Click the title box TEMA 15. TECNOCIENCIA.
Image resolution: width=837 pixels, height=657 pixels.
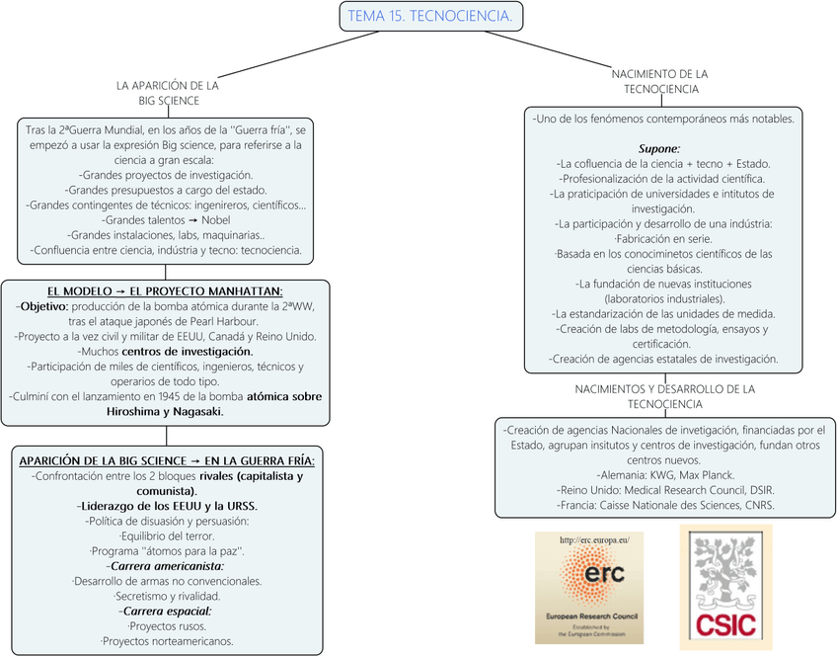[x=429, y=16]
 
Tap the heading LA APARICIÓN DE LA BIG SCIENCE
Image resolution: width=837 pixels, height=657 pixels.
[x=168, y=93]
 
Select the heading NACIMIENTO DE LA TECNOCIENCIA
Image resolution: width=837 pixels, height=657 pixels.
[x=660, y=81]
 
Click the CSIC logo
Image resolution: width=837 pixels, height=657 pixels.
[x=725, y=587]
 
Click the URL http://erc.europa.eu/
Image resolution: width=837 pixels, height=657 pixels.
[x=593, y=540]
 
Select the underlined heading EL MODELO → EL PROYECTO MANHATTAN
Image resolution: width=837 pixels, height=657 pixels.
[x=165, y=290]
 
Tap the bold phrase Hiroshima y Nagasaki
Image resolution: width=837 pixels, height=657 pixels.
[x=164, y=411]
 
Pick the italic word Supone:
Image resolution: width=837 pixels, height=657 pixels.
[x=659, y=148]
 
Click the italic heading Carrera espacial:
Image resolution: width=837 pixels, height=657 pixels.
[x=167, y=611]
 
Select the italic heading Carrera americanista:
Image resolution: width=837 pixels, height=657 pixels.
[x=167, y=566]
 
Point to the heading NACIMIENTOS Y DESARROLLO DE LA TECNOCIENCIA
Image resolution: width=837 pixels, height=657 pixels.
[x=663, y=396]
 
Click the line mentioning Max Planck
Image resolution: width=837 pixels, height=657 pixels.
[x=666, y=475]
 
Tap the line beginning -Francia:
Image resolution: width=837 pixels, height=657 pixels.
[x=666, y=505]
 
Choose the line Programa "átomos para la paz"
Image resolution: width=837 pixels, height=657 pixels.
[x=167, y=550]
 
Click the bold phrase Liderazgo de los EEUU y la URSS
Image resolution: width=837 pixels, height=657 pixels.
[x=166, y=506]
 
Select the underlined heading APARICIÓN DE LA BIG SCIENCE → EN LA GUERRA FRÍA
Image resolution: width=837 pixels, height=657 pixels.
[x=167, y=460]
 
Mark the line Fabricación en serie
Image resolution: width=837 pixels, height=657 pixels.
[x=662, y=239]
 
